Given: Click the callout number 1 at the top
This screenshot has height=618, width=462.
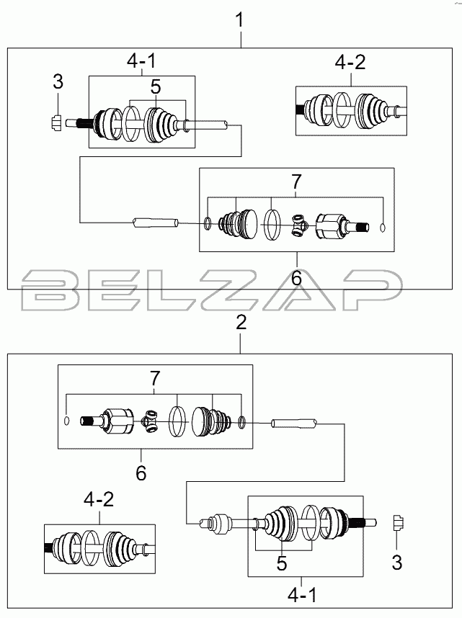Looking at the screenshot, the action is [239, 20].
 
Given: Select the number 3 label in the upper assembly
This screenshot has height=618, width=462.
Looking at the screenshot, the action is [58, 82].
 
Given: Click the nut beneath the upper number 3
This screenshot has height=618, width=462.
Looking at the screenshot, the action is [56, 122].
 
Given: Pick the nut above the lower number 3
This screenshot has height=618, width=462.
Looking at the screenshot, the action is [398, 523].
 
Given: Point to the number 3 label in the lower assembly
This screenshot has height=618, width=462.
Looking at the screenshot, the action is [397, 563].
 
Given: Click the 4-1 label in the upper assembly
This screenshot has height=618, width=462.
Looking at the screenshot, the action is [141, 61].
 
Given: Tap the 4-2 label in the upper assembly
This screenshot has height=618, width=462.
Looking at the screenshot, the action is [350, 63].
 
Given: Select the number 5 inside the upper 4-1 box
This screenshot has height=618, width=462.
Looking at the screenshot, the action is [156, 86].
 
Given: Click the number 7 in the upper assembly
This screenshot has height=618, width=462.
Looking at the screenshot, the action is [296, 182].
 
